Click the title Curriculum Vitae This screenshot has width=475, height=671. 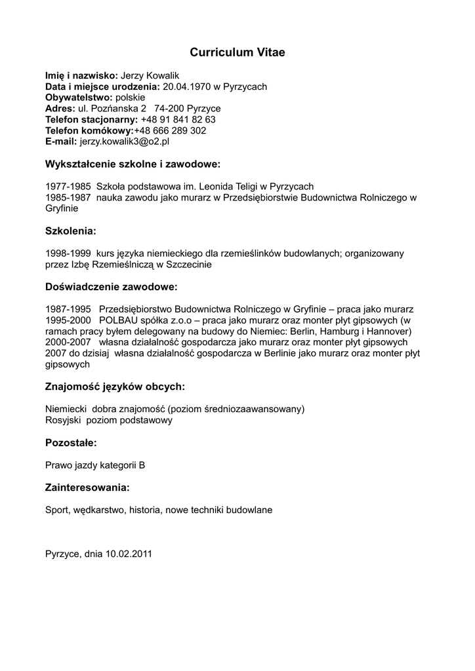coord(237,52)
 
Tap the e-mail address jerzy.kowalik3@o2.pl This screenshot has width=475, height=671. coord(125,141)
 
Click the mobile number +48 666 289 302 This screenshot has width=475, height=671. coord(170,130)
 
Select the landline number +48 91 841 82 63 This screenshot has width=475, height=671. coord(178,119)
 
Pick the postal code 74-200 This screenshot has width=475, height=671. coord(169,109)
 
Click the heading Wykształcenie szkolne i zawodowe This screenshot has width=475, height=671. coord(133,163)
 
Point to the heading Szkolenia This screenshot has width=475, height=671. coord(71,231)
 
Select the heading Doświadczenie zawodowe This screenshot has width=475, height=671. coord(111,287)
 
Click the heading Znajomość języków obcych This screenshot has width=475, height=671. coord(115,386)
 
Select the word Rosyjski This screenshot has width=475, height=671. coord(62,420)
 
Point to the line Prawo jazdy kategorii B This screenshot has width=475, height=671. coord(95,465)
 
